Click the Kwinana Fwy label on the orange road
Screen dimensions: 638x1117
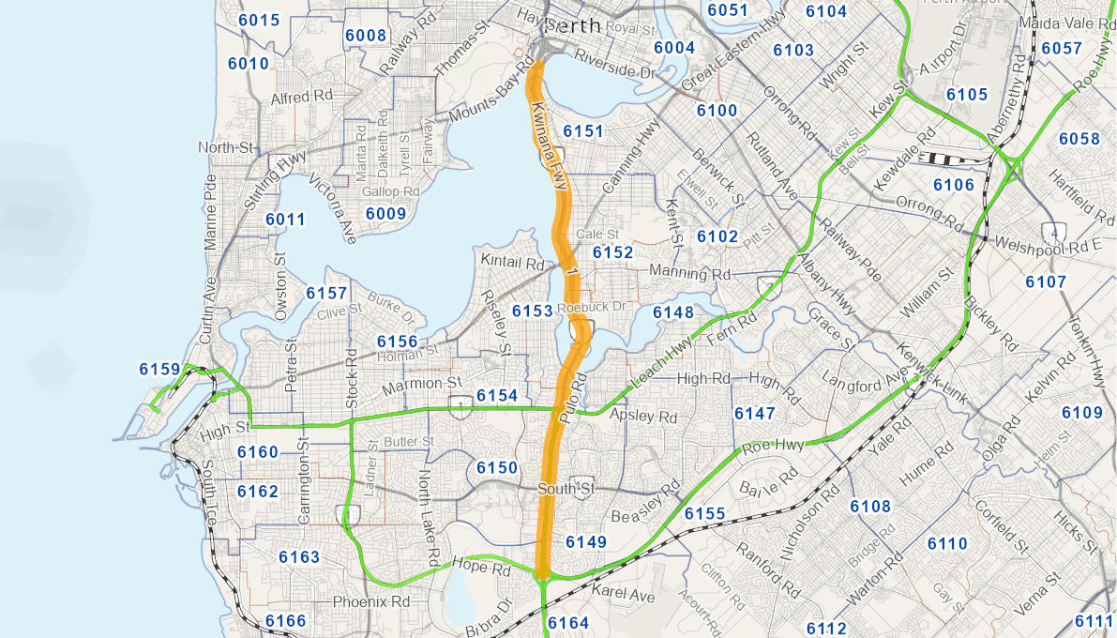point(550,145)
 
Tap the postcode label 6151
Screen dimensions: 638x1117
point(583,131)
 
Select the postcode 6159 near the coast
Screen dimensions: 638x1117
point(159,369)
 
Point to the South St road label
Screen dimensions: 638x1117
point(566,489)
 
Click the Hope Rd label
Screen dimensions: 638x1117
point(480,567)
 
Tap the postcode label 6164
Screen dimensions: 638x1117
point(568,623)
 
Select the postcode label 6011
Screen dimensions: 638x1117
point(285,220)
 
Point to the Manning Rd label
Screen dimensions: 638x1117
point(695,274)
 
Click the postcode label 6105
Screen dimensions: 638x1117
point(967,95)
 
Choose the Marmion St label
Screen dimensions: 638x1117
point(422,384)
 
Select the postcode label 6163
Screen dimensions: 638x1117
point(299,557)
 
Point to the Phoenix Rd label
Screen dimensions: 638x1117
point(372,600)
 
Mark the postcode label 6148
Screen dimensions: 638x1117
point(673,312)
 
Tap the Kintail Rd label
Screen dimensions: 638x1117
point(512,264)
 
